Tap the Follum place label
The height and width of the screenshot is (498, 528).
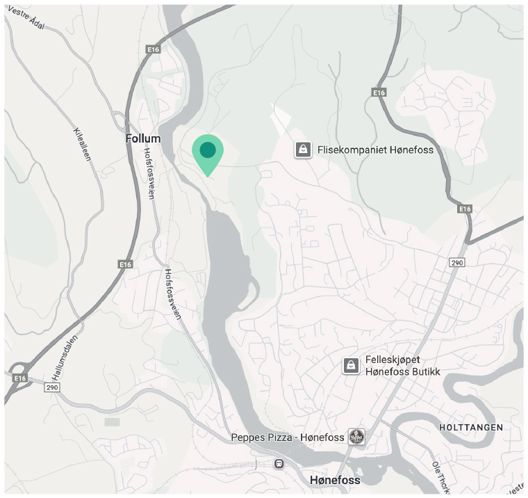pyautogui.click(x=143, y=138)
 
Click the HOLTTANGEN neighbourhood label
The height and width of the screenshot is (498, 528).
pyautogui.click(x=471, y=427)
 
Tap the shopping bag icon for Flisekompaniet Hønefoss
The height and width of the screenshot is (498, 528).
pyautogui.click(x=302, y=150)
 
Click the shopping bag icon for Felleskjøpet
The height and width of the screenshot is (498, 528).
pyautogui.click(x=352, y=365)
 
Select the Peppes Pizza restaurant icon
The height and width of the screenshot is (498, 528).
pyautogui.click(x=357, y=437)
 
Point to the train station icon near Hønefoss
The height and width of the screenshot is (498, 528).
pyautogui.click(x=279, y=463)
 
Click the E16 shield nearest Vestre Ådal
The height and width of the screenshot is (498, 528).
pyautogui.click(x=154, y=49)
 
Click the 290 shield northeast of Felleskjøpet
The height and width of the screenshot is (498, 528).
pyautogui.click(x=457, y=262)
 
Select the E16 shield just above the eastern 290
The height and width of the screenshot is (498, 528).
pyautogui.click(x=465, y=209)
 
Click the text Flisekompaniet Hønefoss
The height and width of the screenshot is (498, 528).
pyautogui.click(x=375, y=150)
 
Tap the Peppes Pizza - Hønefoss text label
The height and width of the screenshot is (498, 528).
pyautogui.click(x=288, y=437)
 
